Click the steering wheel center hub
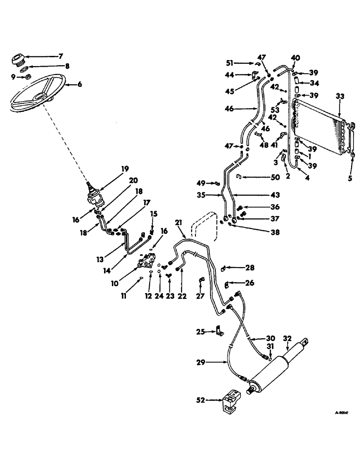coord(41,97)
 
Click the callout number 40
coord(295,58)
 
